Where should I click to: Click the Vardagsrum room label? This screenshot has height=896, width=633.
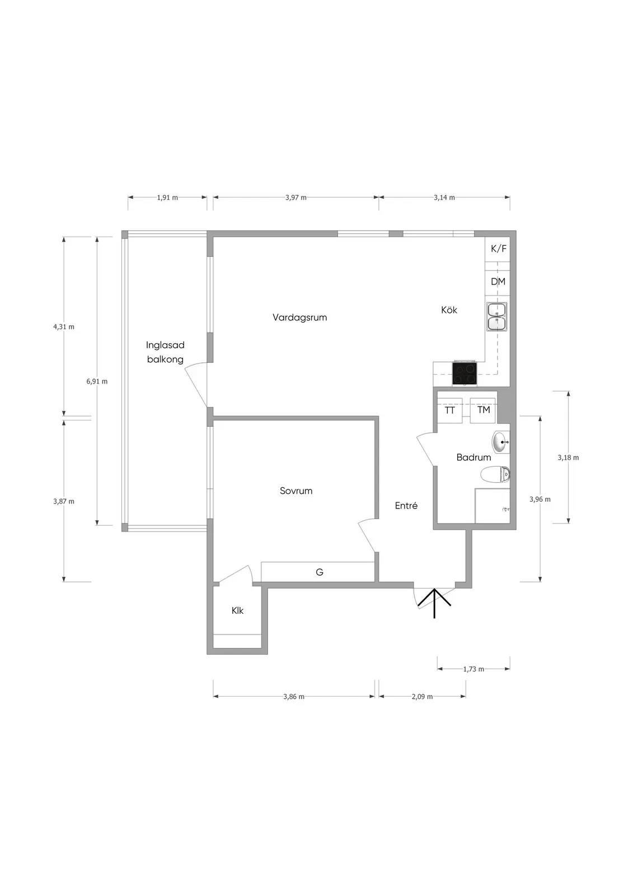point(299,318)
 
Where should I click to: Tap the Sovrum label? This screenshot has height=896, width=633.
point(296,491)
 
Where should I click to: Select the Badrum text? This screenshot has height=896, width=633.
point(473,457)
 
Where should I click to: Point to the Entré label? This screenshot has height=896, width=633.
point(406,506)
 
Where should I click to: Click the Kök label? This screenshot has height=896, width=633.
point(449,310)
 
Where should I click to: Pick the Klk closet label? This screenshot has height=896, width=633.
point(237,611)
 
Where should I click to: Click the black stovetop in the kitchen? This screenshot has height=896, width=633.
point(464,373)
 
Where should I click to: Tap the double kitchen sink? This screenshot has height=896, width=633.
point(496,316)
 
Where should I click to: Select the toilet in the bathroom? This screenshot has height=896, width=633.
point(495,474)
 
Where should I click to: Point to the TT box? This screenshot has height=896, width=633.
point(450,410)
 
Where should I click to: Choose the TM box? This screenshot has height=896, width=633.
point(484,410)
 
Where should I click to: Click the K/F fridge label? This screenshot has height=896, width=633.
point(498,249)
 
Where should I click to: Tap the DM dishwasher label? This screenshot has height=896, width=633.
point(498,282)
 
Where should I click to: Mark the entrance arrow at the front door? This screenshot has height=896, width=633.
point(435,604)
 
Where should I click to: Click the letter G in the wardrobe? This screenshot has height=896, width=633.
point(320,572)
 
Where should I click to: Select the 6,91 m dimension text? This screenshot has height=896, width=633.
point(97,381)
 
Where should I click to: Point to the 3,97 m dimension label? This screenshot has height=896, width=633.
point(296,198)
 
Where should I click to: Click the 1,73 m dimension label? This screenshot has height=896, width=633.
point(473,669)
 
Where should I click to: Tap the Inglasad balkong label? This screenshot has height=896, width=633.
point(165,352)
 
